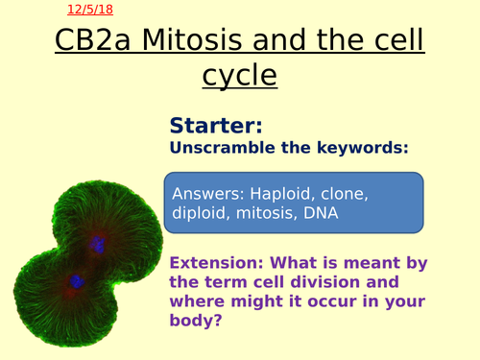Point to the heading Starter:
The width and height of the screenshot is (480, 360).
216,125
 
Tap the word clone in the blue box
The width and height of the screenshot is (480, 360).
346,193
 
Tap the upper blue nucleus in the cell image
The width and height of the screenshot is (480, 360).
97,247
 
